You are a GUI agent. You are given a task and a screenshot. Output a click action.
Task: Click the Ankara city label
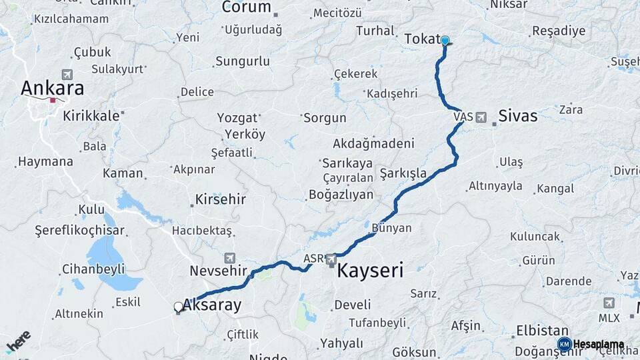pyautogui.click(x=52, y=88)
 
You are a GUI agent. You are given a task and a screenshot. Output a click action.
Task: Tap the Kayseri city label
pyautogui.click(x=370, y=271)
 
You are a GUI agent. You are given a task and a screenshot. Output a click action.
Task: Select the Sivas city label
pyautogui.click(x=517, y=116)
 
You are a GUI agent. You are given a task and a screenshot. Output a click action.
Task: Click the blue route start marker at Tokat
pyautogui.click(x=445, y=41)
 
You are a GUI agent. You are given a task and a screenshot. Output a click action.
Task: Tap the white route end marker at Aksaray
pyautogui.click(x=178, y=307)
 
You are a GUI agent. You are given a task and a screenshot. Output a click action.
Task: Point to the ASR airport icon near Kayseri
pyautogui.click(x=332, y=259)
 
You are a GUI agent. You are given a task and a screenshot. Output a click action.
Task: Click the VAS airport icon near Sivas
pyautogui.click(x=481, y=117)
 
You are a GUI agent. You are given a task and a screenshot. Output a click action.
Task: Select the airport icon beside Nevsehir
pyautogui.click(x=230, y=257)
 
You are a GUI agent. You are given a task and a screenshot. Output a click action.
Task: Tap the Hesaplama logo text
pyautogui.click(x=598, y=344)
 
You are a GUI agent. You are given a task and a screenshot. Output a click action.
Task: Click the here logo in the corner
pyautogui.click(x=18, y=341)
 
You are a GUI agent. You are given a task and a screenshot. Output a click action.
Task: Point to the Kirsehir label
pyautogui.click(x=221, y=199)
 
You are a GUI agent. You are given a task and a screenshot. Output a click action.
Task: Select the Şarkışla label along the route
pyautogui.click(x=403, y=173)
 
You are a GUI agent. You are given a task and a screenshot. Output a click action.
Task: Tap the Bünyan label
pyautogui.click(x=391, y=228)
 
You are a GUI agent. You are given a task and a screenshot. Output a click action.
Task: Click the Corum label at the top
pyautogui.click(x=246, y=8)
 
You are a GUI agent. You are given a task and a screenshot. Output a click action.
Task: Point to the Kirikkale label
pyautogui.click(x=91, y=115)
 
